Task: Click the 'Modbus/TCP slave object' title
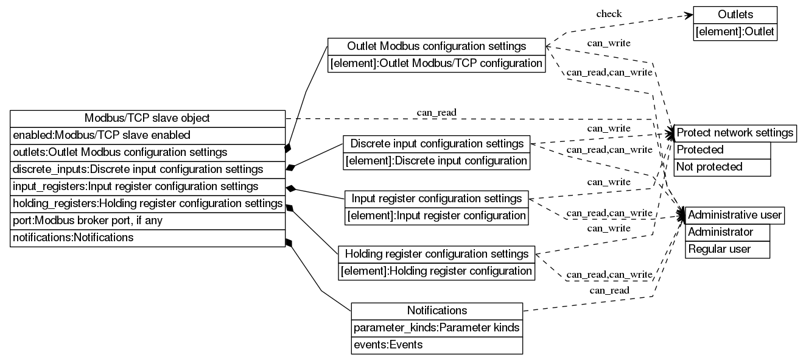(x=148, y=118)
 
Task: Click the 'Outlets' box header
(x=735, y=15)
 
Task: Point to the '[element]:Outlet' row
(x=735, y=32)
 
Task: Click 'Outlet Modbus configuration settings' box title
(x=436, y=46)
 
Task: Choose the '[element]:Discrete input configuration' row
(x=436, y=161)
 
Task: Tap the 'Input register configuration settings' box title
(x=436, y=199)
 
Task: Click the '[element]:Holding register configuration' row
(x=436, y=271)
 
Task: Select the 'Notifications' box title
(x=436, y=311)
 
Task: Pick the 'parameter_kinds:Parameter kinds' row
(x=436, y=328)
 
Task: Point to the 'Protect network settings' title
(x=735, y=133)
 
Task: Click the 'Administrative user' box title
(x=735, y=215)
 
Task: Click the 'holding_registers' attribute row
(x=148, y=203)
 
